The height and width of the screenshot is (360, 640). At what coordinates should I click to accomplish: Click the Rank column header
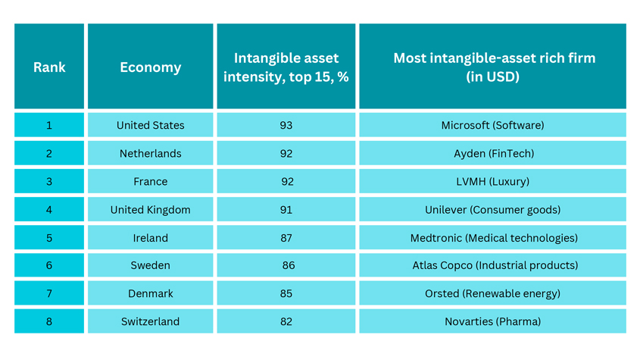tap(49, 66)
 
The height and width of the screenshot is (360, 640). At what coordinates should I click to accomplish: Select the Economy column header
tap(150, 66)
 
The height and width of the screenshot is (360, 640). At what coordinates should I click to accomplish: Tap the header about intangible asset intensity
tap(286, 66)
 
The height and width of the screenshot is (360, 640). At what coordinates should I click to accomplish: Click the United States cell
tap(150, 125)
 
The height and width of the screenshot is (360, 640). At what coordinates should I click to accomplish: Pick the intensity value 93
tap(286, 125)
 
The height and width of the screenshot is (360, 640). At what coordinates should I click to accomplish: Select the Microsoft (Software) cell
tap(492, 125)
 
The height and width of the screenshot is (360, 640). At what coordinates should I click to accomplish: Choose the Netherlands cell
tap(150, 153)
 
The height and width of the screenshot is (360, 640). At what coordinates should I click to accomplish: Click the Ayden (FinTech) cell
tap(492, 153)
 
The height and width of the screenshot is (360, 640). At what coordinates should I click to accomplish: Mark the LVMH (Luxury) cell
tap(492, 181)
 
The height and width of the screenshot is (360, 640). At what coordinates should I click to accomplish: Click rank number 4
tap(49, 210)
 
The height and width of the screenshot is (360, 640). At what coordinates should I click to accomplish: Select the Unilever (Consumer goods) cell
tap(492, 210)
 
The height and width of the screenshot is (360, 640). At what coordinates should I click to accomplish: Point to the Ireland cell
tap(150, 237)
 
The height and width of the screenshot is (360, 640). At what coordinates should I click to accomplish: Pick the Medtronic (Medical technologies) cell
tap(492, 237)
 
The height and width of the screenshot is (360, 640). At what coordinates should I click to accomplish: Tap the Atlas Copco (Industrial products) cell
tap(492, 265)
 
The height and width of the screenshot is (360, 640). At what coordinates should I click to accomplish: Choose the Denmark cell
tap(150, 293)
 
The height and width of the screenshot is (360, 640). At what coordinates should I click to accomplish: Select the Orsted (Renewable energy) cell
tap(492, 293)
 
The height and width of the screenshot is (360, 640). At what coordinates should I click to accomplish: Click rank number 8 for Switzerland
tap(49, 321)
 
